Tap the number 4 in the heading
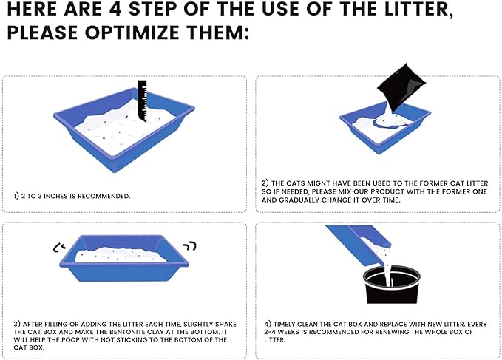point(115,9)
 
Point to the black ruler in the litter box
point(143,101)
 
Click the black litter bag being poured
point(401,84)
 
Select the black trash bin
point(391,284)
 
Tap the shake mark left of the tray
point(59,248)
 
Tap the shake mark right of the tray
point(191,246)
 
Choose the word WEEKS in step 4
point(287,332)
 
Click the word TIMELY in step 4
point(285,325)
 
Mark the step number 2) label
point(265,183)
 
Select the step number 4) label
point(268,325)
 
